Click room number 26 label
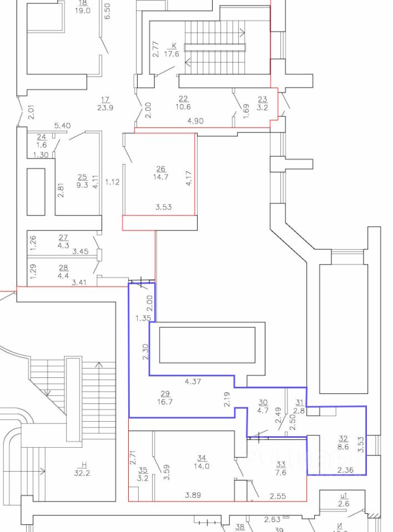pos(161,168)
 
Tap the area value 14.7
pos(161,177)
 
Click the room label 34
pos(202,457)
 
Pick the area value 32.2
pos(84,473)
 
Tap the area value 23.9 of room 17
pos(105,108)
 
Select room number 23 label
pos(263,99)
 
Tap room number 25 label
pos(82,177)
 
